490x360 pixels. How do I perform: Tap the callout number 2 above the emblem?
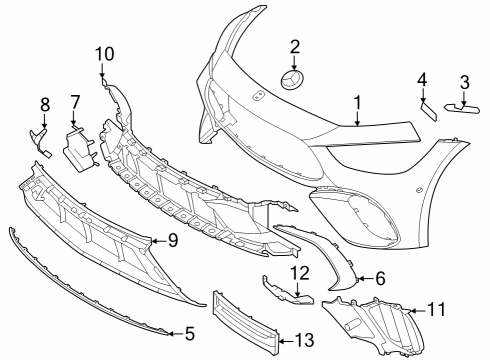click(295, 47)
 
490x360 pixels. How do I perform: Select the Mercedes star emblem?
click(294, 80)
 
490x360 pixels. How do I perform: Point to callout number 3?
click(465, 82)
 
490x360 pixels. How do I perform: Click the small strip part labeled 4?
click(428, 111)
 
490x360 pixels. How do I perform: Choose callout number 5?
click(190, 334)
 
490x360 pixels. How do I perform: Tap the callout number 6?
click(380, 278)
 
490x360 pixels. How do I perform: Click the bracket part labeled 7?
click(81, 148)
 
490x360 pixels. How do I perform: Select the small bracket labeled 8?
click(40, 143)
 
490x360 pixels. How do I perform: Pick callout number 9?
click(173, 240)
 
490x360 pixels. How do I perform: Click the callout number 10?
click(105, 54)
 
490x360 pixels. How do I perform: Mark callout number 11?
click(437, 310)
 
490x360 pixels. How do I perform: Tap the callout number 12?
click(300, 273)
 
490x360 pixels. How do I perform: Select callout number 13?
click(305, 340)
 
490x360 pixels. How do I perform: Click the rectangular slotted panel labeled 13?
click(246, 322)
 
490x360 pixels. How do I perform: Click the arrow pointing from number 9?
click(159, 240)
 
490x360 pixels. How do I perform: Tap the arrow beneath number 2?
click(294, 63)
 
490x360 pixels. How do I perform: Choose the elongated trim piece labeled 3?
click(462, 108)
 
